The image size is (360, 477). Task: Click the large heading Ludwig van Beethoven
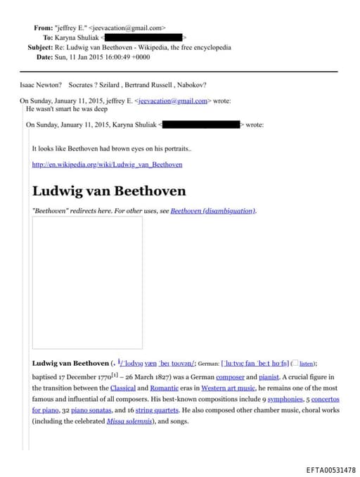109,191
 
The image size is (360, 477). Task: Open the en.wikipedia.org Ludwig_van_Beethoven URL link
107,164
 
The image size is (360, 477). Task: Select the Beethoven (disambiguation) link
213,210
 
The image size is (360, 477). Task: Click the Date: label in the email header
44,56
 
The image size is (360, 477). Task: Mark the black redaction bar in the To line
145,37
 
